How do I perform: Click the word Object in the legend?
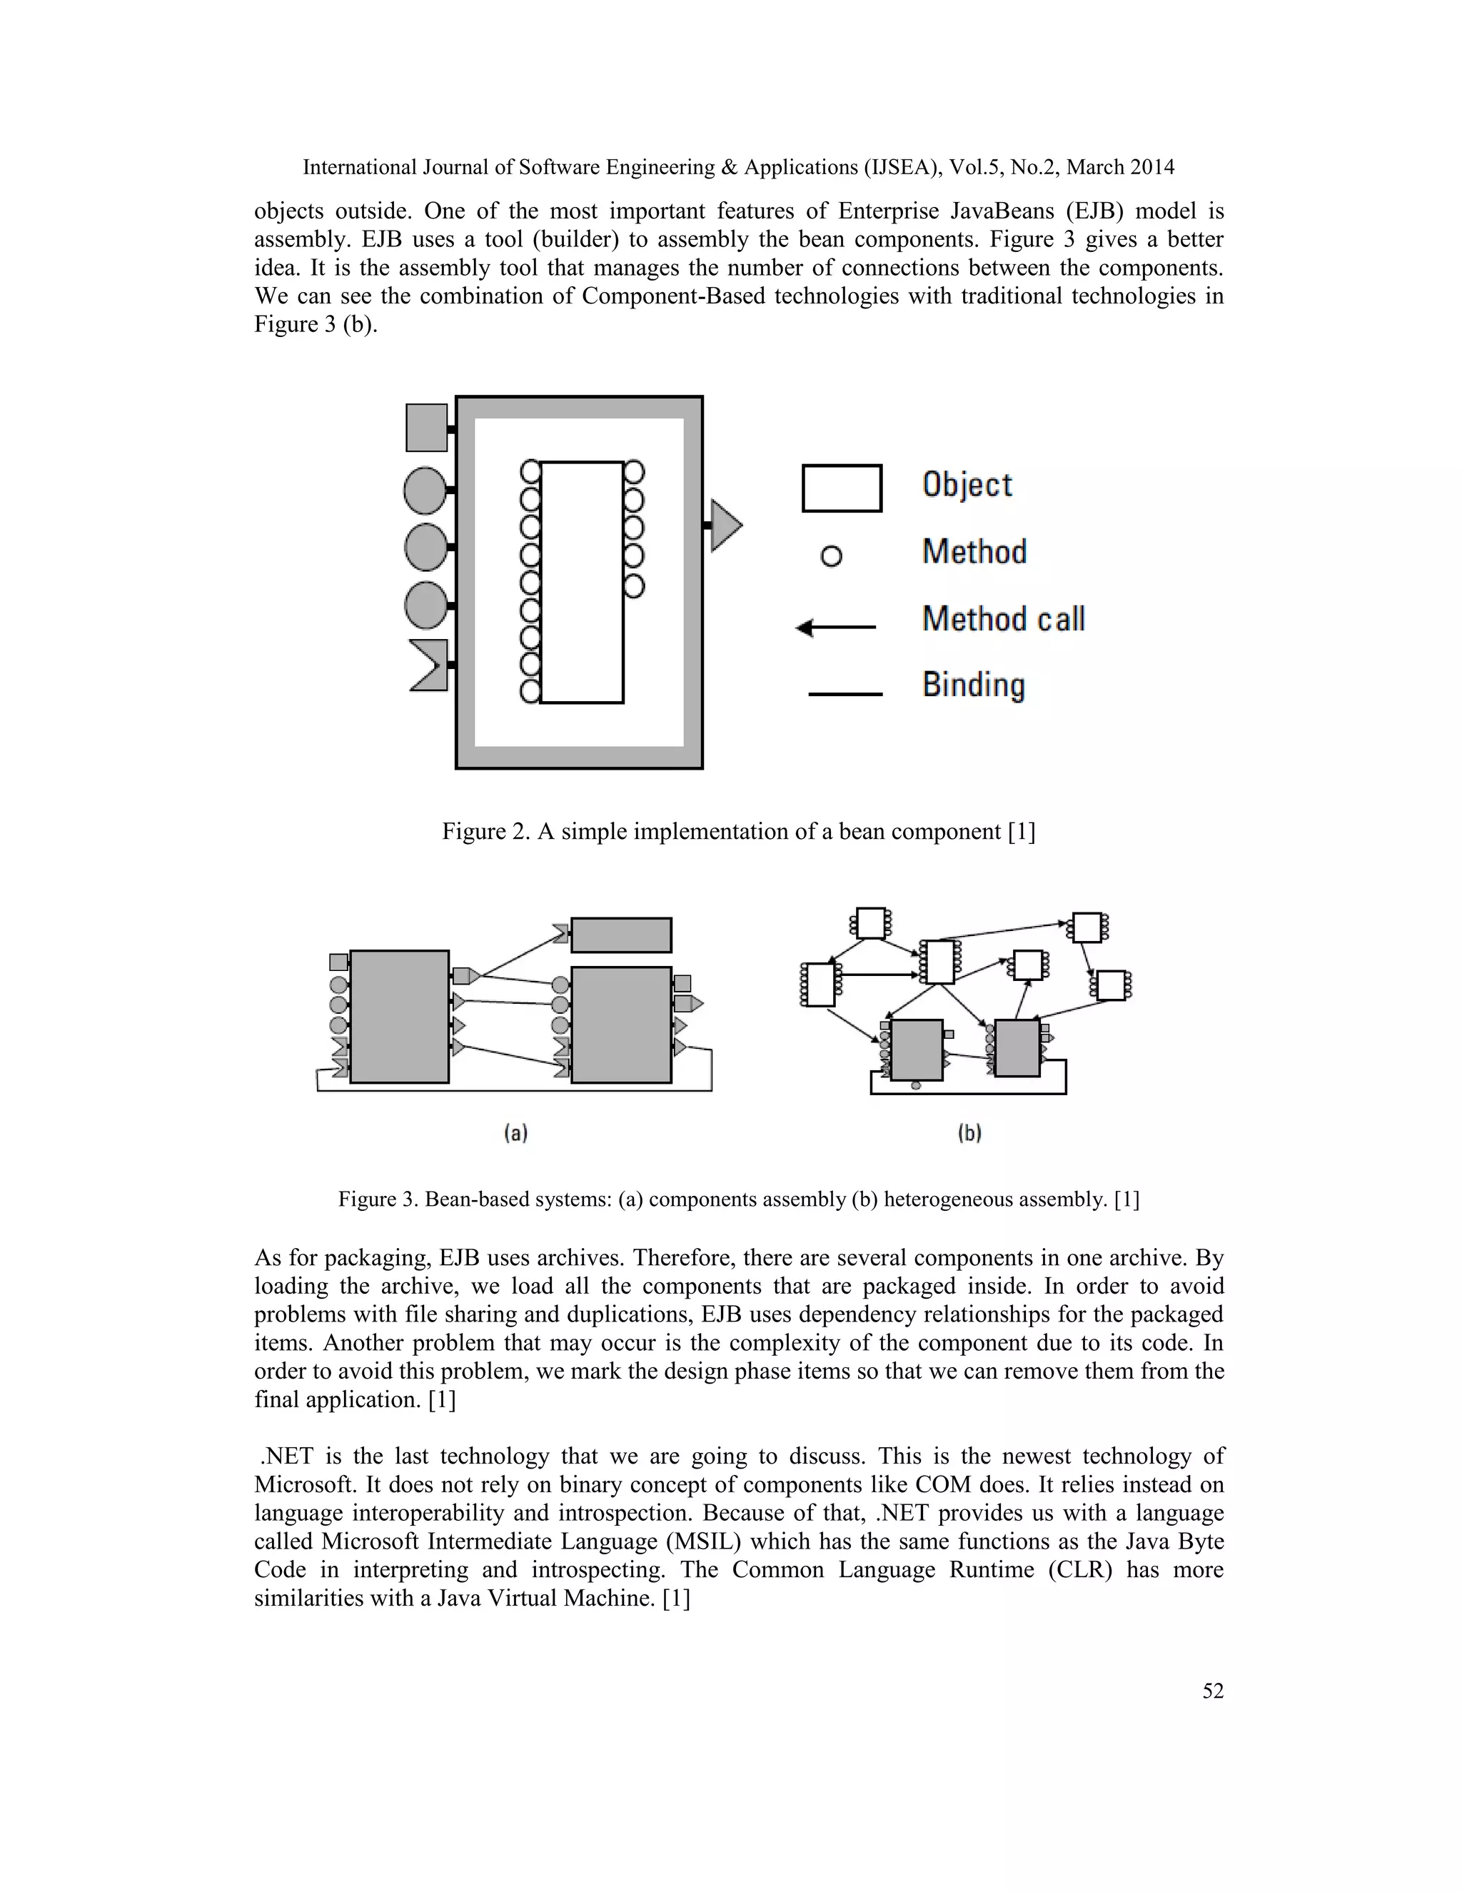(967, 485)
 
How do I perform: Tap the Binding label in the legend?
(974, 685)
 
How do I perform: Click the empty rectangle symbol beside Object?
(842, 488)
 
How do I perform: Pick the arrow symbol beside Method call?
(836, 627)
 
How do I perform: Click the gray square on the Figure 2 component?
(427, 428)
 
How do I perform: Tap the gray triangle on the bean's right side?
(726, 525)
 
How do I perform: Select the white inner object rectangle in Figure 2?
(582, 582)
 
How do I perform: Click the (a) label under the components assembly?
(516, 1132)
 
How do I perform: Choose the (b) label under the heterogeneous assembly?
(969, 1132)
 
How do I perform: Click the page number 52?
(1213, 1691)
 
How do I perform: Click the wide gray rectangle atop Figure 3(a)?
(621, 935)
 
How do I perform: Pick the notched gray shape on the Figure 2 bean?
(430, 665)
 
